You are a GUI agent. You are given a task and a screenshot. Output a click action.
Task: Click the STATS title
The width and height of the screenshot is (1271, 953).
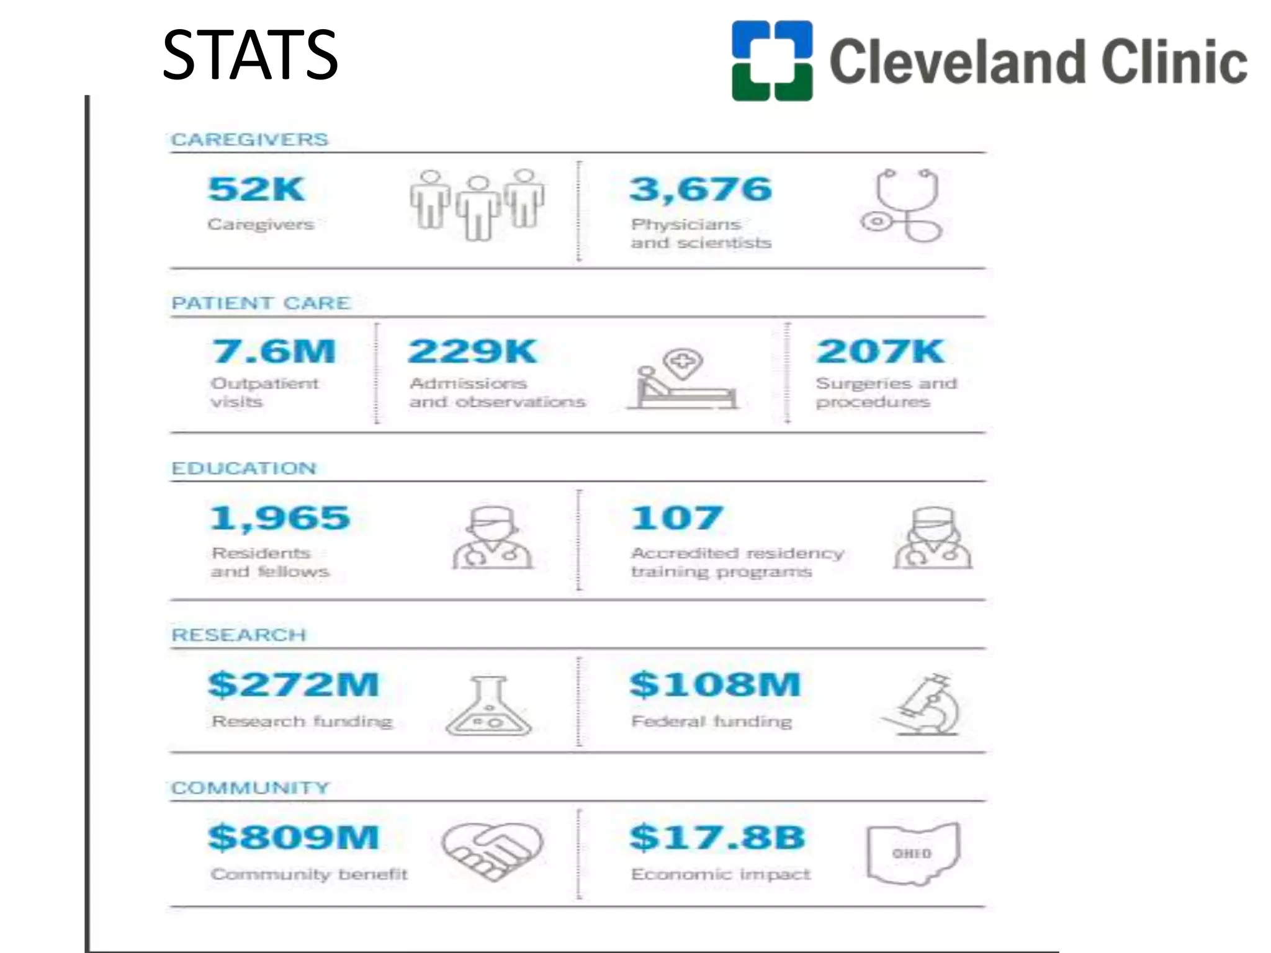pos(249,56)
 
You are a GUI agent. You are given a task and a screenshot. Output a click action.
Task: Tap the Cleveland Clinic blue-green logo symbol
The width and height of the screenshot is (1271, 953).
pos(771,61)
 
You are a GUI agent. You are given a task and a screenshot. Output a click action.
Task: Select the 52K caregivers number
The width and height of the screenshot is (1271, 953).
pos(256,189)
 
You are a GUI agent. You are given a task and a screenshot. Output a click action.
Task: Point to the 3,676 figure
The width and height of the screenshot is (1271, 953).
pos(701,189)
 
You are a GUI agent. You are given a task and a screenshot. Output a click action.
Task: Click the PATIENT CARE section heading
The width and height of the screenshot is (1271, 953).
pos(261,303)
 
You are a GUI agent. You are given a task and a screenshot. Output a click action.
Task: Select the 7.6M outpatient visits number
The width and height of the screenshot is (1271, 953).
pos(274,352)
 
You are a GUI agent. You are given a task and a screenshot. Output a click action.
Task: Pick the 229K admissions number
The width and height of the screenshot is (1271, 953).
pos(472,352)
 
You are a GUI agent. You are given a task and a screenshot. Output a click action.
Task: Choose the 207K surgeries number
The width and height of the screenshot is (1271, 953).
pos(880,352)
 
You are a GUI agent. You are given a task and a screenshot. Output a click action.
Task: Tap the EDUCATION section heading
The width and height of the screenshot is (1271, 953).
pos(244,468)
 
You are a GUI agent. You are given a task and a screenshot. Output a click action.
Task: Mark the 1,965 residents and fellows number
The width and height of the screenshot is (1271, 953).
pos(280,519)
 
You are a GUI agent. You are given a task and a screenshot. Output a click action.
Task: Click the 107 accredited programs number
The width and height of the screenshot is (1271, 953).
pos(676,519)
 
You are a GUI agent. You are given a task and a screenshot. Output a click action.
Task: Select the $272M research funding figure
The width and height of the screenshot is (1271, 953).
pos(294,685)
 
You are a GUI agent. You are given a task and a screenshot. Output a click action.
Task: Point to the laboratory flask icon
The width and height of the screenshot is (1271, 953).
pos(489,707)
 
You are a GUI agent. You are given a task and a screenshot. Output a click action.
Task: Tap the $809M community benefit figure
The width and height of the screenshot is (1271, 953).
pos(294,838)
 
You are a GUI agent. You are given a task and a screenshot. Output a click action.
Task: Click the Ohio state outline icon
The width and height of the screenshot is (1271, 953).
pos(912,853)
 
